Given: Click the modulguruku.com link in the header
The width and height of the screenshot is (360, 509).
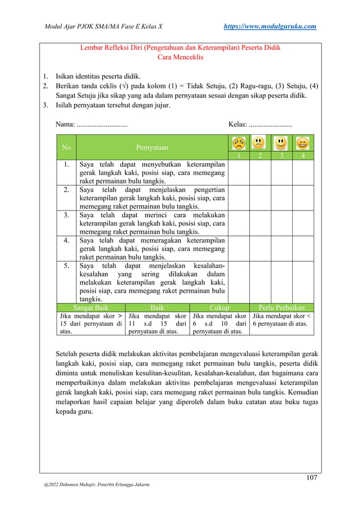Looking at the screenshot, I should (270, 26).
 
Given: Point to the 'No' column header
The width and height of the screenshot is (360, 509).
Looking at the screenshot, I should (67, 148).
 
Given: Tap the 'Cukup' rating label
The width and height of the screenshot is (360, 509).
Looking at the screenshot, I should (219, 308).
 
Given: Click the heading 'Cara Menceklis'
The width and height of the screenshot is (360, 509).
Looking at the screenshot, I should (180, 58).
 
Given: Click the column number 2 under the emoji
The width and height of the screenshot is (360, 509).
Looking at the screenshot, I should (260, 156).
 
